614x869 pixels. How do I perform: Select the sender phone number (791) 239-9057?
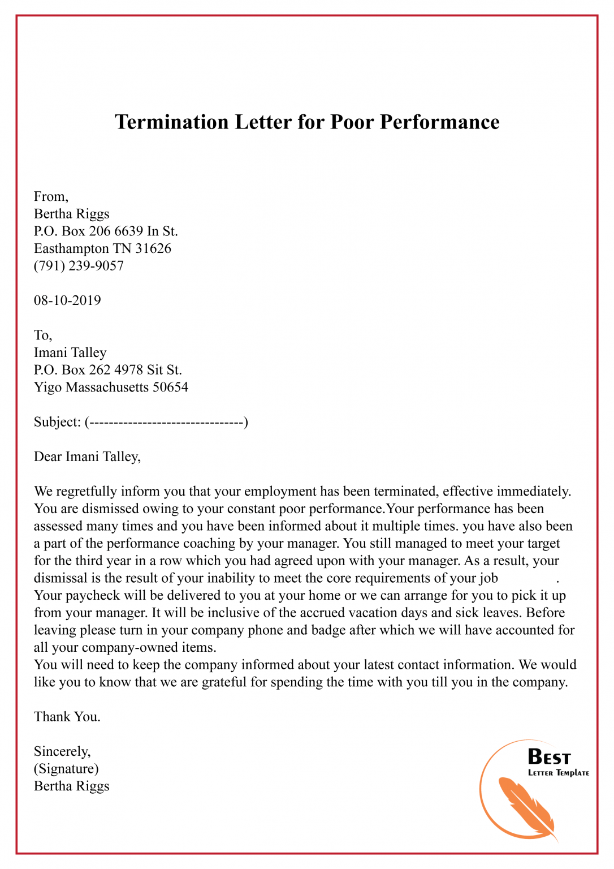point(79,266)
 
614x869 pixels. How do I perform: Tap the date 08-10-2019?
point(67,300)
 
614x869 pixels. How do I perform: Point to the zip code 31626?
point(153,248)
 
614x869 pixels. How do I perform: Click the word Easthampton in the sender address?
point(71,248)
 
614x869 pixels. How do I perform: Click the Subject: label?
point(57,422)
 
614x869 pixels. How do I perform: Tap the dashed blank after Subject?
point(166,422)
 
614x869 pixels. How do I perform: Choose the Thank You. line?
point(67,717)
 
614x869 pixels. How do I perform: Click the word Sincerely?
point(62,751)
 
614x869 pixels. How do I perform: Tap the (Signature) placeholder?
point(66,769)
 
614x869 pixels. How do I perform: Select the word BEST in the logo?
point(549,757)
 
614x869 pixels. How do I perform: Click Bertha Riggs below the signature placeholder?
point(71,786)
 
